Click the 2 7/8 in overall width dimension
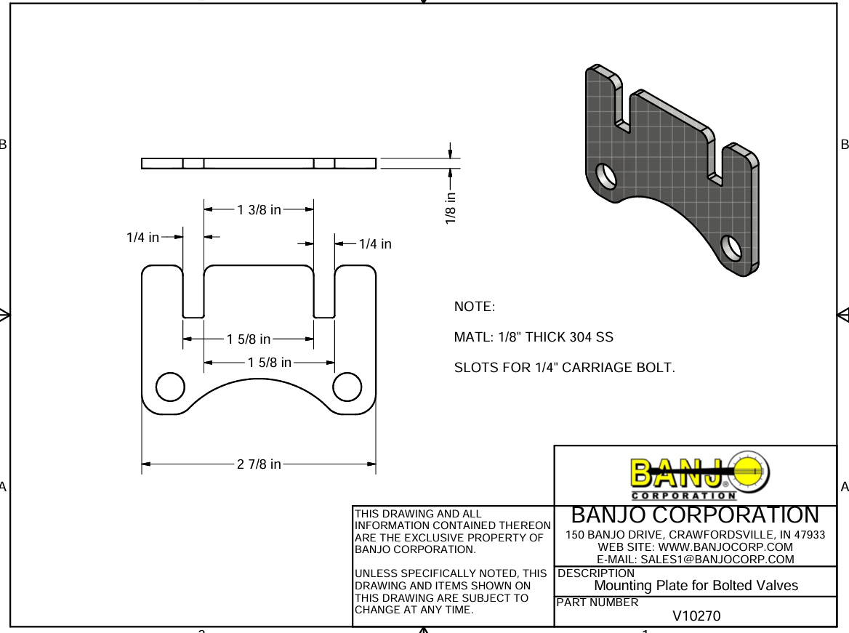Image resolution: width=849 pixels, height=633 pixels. click(x=259, y=464)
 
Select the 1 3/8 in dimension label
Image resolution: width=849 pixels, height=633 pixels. click(x=259, y=210)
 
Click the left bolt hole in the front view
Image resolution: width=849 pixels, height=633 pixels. click(x=171, y=387)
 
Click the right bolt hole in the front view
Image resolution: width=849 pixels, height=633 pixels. click(x=347, y=387)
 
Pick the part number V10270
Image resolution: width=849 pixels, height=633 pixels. click(x=696, y=616)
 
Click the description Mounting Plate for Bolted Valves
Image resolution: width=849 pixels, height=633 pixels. click(x=696, y=586)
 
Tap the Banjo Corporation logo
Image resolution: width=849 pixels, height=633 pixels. click(x=696, y=476)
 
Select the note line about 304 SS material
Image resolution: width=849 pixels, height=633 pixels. click(x=534, y=337)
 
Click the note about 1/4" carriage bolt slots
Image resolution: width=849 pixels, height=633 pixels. click(x=564, y=368)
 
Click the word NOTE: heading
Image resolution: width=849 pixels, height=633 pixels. click(x=474, y=307)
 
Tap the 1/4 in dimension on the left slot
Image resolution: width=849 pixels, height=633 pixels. click(x=142, y=238)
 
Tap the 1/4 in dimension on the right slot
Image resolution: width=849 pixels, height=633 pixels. click(x=375, y=244)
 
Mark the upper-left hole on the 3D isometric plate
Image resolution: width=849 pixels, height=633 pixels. click(x=605, y=176)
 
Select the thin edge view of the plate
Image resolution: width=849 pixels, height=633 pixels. click(x=259, y=164)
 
